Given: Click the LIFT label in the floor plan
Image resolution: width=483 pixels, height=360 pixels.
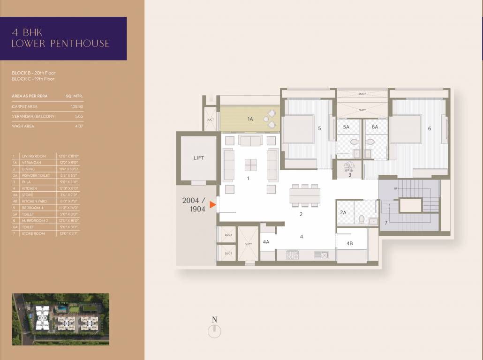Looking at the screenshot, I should click(x=198, y=158).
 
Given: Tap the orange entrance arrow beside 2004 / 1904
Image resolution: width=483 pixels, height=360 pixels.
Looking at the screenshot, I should click(x=213, y=205).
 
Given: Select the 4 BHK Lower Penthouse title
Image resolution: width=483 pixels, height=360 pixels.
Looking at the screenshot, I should click(x=61, y=38).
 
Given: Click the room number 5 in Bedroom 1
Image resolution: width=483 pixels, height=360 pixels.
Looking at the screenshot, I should click(x=319, y=128).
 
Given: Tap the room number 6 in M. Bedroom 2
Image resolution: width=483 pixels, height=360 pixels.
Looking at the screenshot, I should click(x=429, y=128).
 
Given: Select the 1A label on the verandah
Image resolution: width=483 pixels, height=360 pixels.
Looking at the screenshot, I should click(x=250, y=120).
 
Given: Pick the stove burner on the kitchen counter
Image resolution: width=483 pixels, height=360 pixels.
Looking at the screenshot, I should click(x=293, y=255).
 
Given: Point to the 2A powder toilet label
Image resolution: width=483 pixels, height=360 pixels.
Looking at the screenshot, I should click(x=343, y=212).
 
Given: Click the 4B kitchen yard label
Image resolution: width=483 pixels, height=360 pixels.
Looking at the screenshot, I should click(x=349, y=243).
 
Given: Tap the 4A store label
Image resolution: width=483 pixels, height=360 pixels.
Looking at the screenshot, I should click(x=266, y=242).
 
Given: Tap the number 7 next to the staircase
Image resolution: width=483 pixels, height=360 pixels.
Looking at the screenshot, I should click(x=386, y=223).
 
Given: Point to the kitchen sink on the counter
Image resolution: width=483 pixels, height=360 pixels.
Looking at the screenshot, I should click(x=321, y=255).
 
